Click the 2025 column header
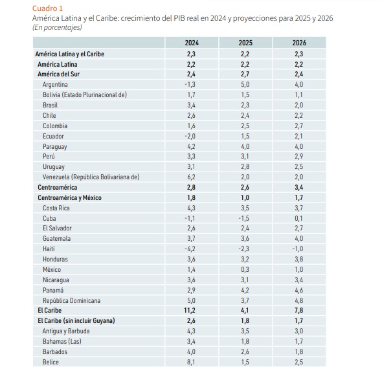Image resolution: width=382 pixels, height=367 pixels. [x=245, y=43]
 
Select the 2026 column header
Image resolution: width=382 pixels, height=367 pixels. [x=299, y=43]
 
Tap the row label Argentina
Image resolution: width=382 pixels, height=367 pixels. [x=55, y=85]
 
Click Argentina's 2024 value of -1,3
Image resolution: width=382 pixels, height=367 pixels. [x=190, y=85]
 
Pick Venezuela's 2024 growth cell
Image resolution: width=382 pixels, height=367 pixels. [x=191, y=177]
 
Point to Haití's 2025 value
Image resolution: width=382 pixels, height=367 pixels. [x=244, y=249]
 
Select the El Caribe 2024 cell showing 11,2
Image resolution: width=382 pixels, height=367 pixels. [x=190, y=311]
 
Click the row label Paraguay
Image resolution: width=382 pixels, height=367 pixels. [x=55, y=147]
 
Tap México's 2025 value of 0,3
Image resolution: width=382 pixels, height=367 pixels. [x=245, y=270]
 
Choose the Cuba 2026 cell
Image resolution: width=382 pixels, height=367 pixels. [x=298, y=218]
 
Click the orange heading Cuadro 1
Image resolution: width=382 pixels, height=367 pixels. [x=47, y=8]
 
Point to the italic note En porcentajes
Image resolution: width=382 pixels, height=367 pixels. [x=57, y=27]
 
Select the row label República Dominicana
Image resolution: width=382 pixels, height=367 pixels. [x=72, y=301]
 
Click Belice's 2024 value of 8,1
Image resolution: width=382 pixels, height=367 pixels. [x=191, y=362]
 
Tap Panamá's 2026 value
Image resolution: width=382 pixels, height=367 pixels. [x=299, y=290]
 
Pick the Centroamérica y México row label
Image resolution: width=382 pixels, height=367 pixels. [x=69, y=198]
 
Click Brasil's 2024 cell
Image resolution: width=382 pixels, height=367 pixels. [x=191, y=106]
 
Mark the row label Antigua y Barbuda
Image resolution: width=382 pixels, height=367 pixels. [x=66, y=331]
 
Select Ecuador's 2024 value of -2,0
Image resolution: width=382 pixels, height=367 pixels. [x=190, y=136]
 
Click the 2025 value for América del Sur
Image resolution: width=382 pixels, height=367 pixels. [x=245, y=74]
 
